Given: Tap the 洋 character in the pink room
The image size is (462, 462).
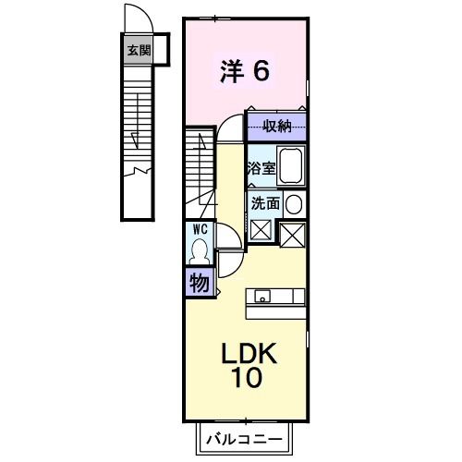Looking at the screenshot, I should [231, 71].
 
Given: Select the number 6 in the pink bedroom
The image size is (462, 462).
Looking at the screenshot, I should [261, 71].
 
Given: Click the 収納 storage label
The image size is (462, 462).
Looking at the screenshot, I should [276, 126].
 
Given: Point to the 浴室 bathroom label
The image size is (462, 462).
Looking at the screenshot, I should [260, 169].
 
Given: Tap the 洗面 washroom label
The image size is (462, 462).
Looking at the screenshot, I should [261, 203].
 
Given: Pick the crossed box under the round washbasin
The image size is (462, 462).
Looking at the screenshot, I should [294, 235].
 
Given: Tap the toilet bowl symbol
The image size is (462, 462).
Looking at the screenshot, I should [200, 249].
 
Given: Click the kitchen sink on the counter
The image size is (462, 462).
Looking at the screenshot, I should [263, 297].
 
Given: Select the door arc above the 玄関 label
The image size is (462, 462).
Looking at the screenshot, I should [136, 19].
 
